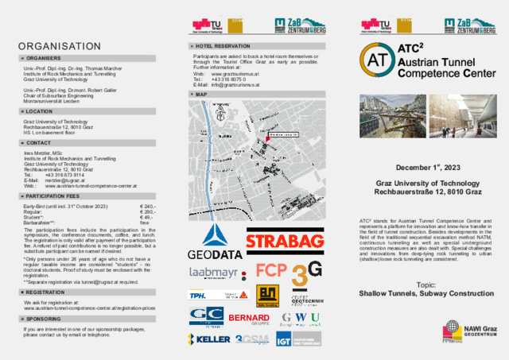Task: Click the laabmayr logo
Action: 212,273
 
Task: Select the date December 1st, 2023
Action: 417,168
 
